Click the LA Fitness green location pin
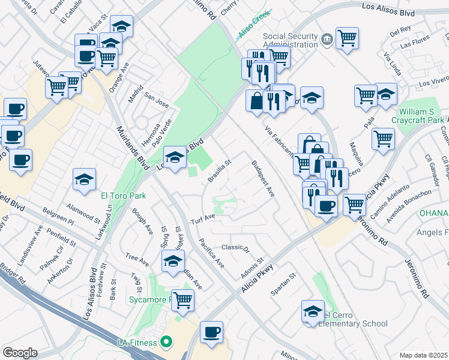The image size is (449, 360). (x=167, y=343)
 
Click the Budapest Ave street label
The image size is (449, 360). (x=263, y=179)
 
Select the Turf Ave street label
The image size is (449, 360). (x=203, y=217)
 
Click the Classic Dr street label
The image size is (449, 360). (x=235, y=247)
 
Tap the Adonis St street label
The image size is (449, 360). (x=255, y=268)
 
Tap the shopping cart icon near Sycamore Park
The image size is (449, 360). (x=183, y=300)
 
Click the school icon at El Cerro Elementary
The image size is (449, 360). (x=313, y=311)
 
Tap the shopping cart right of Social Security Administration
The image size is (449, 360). (x=347, y=38)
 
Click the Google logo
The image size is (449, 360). (x=20, y=352)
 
